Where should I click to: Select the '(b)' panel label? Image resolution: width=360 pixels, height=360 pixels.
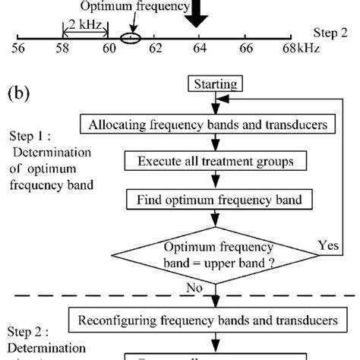(x=22, y=96)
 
